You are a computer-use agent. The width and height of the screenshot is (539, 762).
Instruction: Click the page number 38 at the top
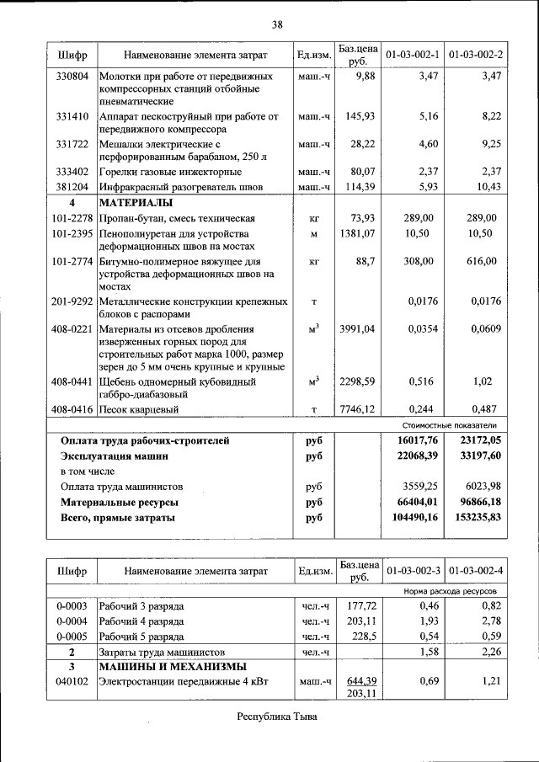point(276,24)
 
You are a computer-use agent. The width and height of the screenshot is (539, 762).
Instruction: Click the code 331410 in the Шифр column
point(72,116)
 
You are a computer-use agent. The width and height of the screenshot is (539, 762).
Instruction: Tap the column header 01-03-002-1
point(413,56)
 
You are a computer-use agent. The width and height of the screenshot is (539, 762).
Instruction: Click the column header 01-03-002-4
point(476,571)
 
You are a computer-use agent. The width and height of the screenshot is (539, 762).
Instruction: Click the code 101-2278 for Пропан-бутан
point(72,217)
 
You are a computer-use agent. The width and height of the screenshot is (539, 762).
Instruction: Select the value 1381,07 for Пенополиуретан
point(356,232)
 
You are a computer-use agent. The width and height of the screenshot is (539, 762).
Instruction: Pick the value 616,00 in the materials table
point(483,261)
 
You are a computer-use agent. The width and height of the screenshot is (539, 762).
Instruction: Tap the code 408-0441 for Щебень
point(72,381)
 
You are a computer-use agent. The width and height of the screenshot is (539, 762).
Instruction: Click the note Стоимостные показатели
point(457,425)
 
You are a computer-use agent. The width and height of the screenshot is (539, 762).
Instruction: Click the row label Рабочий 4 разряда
point(141,621)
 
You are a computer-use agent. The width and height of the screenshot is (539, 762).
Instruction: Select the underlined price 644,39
point(358,680)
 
